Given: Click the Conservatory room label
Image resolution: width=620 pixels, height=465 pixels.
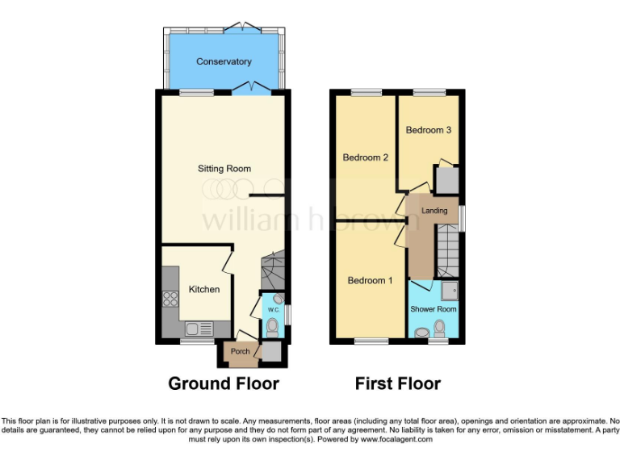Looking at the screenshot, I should pyautogui.click(x=224, y=61).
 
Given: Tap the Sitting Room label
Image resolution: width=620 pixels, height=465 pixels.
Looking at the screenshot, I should pyautogui.click(x=224, y=169).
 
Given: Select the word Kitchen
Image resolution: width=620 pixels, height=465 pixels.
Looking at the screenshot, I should pyautogui.click(x=204, y=289).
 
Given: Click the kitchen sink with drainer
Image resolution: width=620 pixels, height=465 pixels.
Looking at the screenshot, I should pyautogui.click(x=197, y=329).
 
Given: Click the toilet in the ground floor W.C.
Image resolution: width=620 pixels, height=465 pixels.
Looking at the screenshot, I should pyautogui.click(x=273, y=327).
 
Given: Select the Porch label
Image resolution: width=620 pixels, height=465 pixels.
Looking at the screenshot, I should pyautogui.click(x=240, y=351).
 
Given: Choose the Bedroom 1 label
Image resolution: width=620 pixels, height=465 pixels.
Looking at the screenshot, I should pyautogui.click(x=370, y=280).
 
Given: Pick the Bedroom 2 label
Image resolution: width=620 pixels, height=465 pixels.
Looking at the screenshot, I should pyautogui.click(x=366, y=157).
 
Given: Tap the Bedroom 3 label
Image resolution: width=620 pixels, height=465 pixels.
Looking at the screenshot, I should pyautogui.click(x=429, y=130).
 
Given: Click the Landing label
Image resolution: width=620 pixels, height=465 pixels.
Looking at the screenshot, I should pyautogui.click(x=434, y=211).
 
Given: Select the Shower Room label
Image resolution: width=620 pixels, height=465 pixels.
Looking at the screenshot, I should pyautogui.click(x=434, y=309).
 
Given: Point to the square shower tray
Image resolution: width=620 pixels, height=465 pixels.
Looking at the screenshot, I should pyautogui.click(x=449, y=291).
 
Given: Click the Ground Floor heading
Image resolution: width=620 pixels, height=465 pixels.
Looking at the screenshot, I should pyautogui.click(x=224, y=383).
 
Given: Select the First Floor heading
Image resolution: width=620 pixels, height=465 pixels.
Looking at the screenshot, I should pyautogui.click(x=398, y=383).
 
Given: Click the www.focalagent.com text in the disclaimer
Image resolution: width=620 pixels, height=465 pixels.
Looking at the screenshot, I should pyautogui.click(x=396, y=440).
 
